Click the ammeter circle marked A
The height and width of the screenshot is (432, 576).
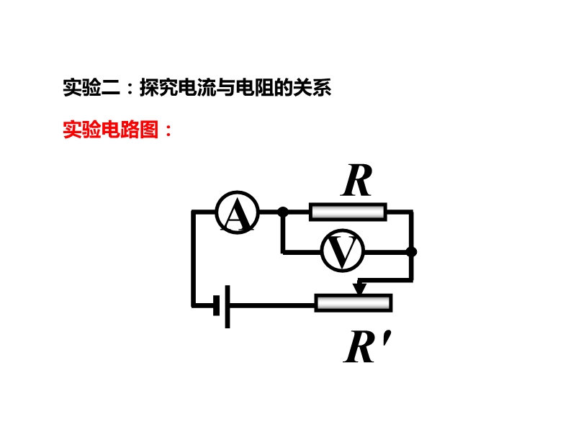[237, 212]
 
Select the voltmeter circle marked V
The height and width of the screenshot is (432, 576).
[342, 251]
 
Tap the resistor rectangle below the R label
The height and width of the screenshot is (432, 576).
[348, 212]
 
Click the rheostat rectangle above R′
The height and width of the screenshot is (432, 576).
[353, 303]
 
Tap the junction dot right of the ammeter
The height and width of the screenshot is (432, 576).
[283, 212]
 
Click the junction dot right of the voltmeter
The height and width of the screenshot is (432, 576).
[412, 251]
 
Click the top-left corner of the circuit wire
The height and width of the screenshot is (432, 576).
[193, 212]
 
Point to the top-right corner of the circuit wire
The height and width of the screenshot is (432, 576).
[412, 212]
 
